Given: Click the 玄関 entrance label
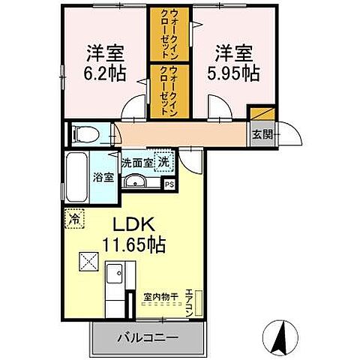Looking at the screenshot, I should [x=262, y=135].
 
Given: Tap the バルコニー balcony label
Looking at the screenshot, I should [x=147, y=338].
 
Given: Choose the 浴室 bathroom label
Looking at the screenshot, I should [x=103, y=178].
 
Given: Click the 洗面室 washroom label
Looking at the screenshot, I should [x=139, y=160].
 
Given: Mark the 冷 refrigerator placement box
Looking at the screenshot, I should [x=74, y=220].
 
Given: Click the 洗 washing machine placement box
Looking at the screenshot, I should [x=163, y=160].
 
